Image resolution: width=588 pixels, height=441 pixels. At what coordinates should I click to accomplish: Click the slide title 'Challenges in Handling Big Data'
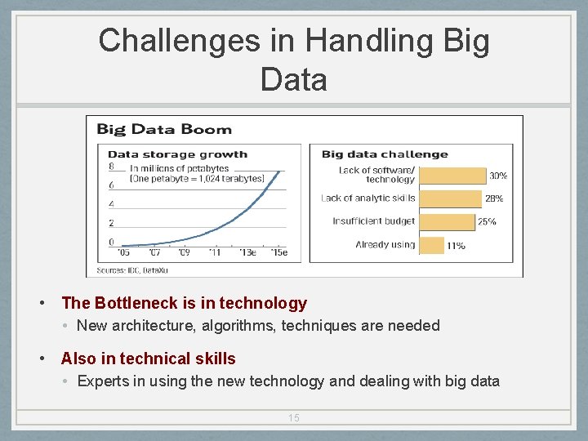click(294, 60)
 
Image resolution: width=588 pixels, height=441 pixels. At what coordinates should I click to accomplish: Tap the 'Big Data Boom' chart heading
click(164, 129)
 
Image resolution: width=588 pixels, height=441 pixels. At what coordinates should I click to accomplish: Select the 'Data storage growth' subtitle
click(177, 154)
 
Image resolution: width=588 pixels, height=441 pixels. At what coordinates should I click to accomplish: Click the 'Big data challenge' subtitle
click(385, 154)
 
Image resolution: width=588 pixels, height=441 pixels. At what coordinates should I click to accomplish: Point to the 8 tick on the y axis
click(112, 167)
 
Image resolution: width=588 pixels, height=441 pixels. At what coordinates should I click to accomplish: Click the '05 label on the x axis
click(124, 252)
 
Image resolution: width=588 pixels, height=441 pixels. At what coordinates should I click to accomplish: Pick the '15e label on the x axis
click(279, 252)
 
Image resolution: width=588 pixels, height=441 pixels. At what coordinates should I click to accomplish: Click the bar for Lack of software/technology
click(452, 175)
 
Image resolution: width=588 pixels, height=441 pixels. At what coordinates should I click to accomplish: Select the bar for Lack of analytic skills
click(451, 198)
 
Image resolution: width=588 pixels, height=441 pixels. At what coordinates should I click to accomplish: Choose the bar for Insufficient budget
click(447, 221)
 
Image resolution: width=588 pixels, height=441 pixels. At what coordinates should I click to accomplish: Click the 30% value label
click(498, 176)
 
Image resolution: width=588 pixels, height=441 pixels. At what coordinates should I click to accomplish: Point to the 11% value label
click(456, 245)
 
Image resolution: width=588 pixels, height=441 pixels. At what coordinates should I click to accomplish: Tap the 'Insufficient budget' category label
click(374, 221)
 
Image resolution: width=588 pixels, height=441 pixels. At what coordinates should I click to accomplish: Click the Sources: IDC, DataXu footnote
click(131, 268)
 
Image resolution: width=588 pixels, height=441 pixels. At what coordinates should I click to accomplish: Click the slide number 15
click(294, 418)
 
